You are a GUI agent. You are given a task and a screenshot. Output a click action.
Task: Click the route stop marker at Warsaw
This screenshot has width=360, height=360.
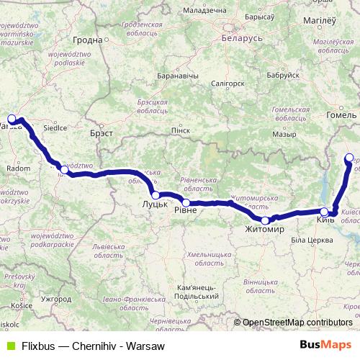click(x=12, y=120)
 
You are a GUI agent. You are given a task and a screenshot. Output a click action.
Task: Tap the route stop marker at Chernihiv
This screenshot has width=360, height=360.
click(x=349, y=158)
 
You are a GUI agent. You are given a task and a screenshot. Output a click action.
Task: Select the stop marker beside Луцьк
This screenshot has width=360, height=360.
click(x=156, y=195)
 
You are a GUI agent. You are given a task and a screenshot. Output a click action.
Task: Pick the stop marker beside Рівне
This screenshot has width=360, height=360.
click(x=186, y=203)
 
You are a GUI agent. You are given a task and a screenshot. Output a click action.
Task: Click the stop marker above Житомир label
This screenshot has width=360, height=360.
click(x=265, y=220)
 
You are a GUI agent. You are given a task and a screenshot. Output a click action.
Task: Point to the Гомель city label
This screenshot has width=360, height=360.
click(x=341, y=114)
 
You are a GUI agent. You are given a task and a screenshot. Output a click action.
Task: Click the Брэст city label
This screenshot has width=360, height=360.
click(x=103, y=134)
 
